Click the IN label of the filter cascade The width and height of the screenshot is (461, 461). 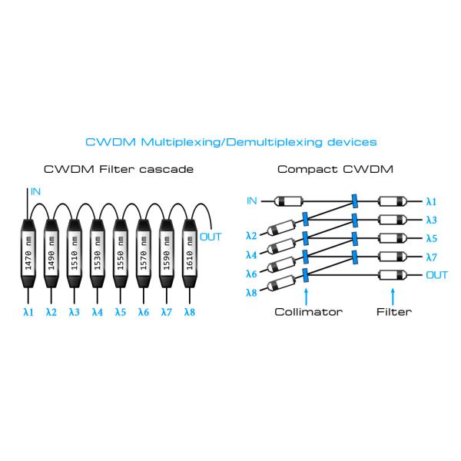coord(35,190)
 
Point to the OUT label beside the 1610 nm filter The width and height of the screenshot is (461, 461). coord(210,237)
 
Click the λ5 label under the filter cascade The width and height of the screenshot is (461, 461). coord(120,312)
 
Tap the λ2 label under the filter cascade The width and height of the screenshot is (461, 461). coord(51,312)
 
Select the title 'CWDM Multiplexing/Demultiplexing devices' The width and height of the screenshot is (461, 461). coord(230,142)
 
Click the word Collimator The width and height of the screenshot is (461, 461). coord(309,312)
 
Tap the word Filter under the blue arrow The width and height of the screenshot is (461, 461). coord(393,312)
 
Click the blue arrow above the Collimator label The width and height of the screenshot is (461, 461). coord(307,295)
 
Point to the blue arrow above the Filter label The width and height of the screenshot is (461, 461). coord(393,295)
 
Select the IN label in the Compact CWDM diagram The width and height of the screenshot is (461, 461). coord(251,201)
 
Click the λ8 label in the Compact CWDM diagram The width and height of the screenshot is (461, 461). coord(251,293)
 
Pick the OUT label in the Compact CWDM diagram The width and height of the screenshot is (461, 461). coord(436,274)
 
